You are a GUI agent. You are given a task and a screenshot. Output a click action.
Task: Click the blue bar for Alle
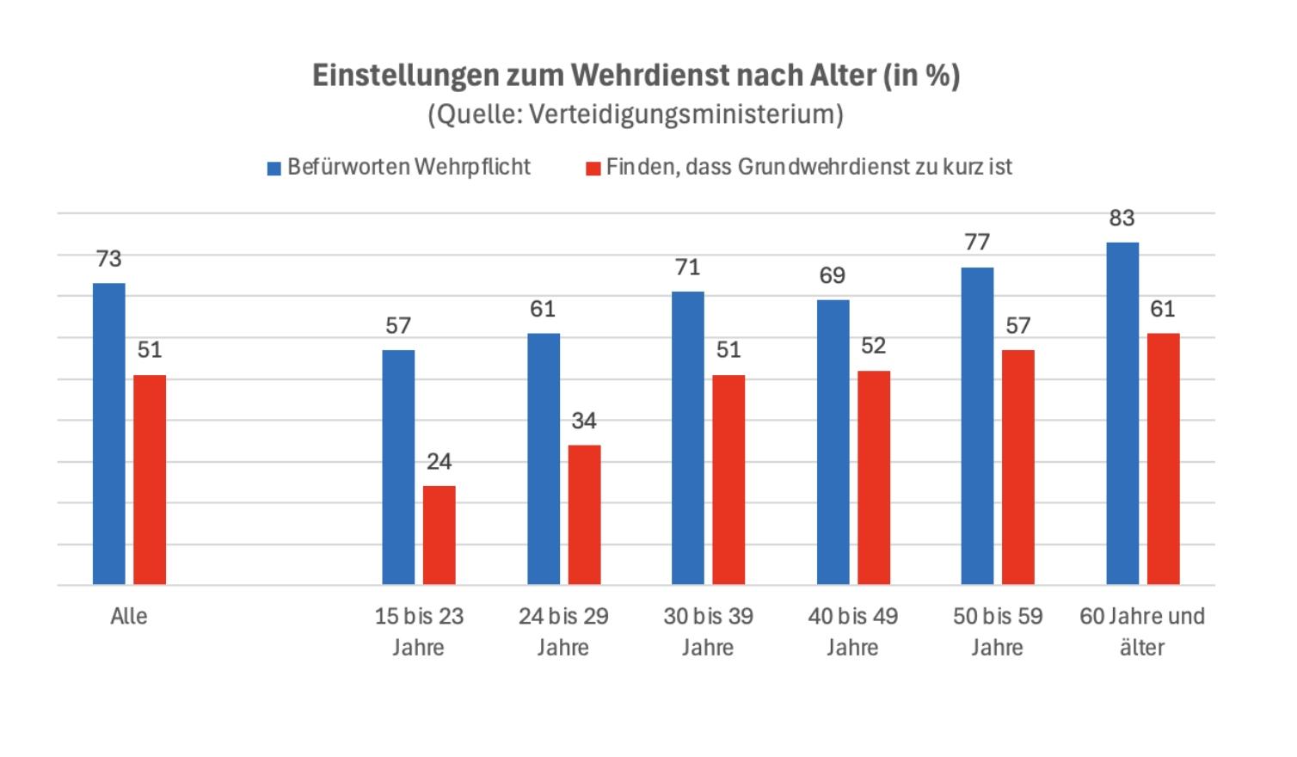click(109, 434)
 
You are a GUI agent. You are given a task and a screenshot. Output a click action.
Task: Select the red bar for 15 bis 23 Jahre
click(439, 535)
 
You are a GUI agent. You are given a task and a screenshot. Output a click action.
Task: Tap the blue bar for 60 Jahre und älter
click(1122, 414)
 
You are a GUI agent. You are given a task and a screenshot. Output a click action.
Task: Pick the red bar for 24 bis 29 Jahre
click(584, 514)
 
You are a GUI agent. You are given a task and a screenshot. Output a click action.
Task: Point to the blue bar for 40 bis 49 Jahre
click(833, 442)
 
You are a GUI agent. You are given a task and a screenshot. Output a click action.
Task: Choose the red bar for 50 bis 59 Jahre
click(1018, 467)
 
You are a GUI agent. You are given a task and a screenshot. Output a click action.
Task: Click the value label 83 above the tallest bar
click(1122, 218)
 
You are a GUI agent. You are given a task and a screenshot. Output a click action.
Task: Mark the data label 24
click(439, 462)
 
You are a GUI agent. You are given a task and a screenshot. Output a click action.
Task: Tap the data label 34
click(584, 421)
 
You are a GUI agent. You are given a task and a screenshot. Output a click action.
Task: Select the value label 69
click(833, 276)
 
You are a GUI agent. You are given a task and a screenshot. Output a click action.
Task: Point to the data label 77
click(977, 243)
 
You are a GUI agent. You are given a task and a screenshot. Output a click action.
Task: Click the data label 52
click(873, 346)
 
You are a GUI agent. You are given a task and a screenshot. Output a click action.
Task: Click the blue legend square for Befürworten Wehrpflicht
click(274, 169)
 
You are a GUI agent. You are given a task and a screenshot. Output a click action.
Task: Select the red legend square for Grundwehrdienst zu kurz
click(593, 169)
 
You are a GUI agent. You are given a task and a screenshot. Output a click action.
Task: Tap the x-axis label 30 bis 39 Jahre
click(708, 631)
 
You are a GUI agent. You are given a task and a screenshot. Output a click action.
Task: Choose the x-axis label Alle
click(129, 617)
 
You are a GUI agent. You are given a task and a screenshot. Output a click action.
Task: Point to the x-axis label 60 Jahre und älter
click(1142, 631)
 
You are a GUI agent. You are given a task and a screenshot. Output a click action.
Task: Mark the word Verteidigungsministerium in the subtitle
click(685, 114)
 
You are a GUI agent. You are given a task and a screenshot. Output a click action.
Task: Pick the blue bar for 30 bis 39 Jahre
click(688, 439)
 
